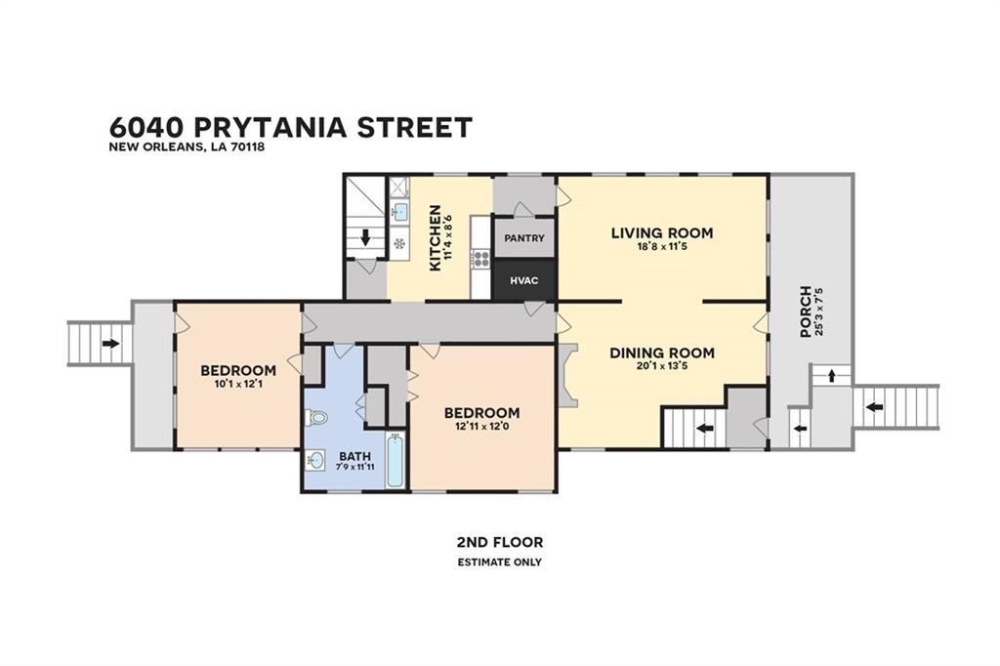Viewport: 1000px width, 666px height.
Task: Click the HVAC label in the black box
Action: click(523, 280)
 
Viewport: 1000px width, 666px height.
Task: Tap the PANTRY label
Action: click(524, 238)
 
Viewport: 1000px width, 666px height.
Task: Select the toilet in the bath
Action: click(317, 418)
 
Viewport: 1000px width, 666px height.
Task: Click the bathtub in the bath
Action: click(395, 460)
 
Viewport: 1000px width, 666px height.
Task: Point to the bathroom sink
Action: click(314, 459)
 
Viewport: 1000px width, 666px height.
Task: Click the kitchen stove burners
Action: click(481, 259)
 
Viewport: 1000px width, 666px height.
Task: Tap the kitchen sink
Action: click(399, 211)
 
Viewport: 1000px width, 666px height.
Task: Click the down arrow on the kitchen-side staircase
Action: click(365, 238)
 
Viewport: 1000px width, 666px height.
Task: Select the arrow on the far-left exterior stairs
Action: click(110, 343)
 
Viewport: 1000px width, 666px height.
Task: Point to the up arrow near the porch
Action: click(832, 376)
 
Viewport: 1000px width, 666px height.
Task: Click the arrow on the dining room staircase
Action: click(704, 428)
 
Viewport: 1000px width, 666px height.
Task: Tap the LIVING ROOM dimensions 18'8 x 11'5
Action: click(661, 246)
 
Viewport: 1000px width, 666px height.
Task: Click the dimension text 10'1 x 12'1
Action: click(238, 384)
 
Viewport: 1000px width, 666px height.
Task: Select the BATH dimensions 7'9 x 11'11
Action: click(355, 467)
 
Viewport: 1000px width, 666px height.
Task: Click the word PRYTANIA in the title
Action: click(270, 127)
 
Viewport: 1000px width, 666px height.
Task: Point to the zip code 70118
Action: click(247, 146)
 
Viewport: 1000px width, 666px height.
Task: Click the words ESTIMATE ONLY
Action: click(500, 562)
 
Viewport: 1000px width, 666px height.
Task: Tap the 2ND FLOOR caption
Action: click(500, 543)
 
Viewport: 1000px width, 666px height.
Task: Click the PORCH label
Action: click(806, 312)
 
